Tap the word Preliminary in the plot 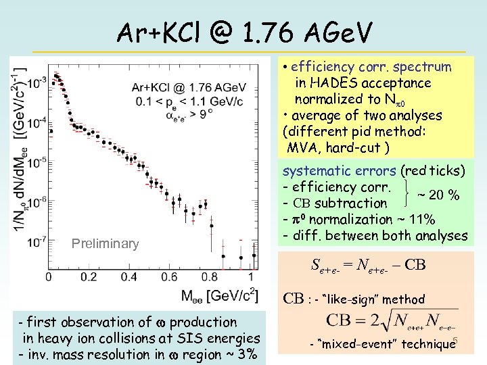click(106, 243)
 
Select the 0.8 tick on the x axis click(210, 277)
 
